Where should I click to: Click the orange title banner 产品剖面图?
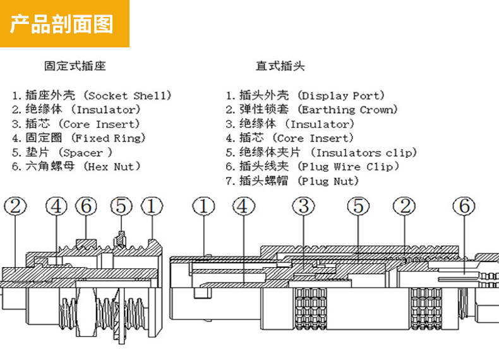click(x=64, y=24)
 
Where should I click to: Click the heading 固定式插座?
click(x=75, y=66)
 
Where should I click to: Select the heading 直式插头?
click(x=280, y=66)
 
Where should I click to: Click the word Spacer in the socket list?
click(x=81, y=153)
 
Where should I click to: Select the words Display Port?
click(x=342, y=96)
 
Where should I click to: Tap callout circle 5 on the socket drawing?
click(x=121, y=206)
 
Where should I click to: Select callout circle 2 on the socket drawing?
click(x=16, y=206)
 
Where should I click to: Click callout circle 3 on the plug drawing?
click(x=304, y=206)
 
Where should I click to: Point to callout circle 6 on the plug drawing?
click(x=464, y=206)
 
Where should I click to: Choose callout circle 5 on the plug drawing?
click(x=358, y=206)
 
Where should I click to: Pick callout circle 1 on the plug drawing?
click(x=203, y=206)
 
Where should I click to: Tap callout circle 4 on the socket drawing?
click(x=56, y=206)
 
